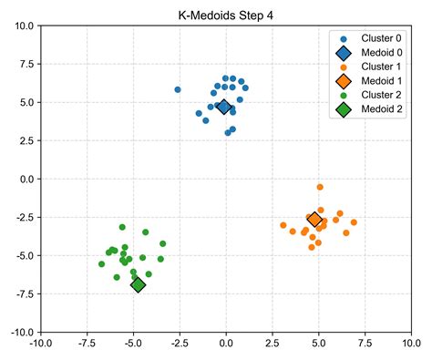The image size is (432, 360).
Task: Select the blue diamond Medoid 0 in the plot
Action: coord(224,107)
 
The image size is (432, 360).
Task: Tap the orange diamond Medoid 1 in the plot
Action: coord(314,220)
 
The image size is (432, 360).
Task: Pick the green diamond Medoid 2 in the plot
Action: coord(138,285)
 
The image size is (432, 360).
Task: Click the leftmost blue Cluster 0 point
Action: coord(178,90)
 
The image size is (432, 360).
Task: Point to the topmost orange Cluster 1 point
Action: coord(320,187)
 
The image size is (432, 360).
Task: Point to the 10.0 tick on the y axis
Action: coord(24,26)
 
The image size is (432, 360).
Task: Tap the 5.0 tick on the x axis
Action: coord(319,344)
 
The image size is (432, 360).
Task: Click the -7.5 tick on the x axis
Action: coord(87,344)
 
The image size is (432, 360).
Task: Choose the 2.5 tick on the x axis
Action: coord(273,344)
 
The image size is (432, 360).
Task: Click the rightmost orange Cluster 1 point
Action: coord(354,222)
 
